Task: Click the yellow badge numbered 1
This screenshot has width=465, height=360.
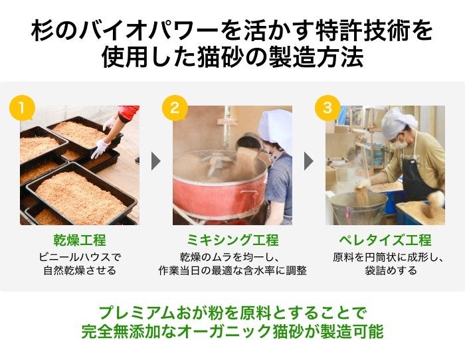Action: point(22,108)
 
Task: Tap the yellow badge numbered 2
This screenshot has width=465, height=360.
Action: point(175,108)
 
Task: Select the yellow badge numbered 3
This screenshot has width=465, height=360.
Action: point(327,108)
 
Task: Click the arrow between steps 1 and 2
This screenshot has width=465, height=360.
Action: point(155,161)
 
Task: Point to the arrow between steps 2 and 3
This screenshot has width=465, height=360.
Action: point(308,161)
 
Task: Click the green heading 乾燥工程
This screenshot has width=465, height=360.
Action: point(80,240)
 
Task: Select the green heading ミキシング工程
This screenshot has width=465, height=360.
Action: point(232,240)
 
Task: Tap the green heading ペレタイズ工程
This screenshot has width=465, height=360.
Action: point(385,240)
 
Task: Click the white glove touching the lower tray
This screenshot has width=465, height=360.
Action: point(100,148)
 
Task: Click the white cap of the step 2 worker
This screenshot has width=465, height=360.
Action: point(276,128)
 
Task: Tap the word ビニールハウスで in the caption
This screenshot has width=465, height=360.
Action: point(80,257)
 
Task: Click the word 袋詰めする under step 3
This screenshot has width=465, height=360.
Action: point(391,270)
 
